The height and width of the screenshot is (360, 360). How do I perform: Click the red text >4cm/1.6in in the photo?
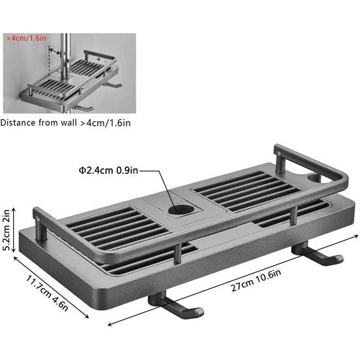click(x=26, y=39)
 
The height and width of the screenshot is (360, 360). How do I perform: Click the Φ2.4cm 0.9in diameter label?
click(x=109, y=171)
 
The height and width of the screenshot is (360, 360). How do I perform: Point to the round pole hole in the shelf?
click(x=177, y=211)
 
